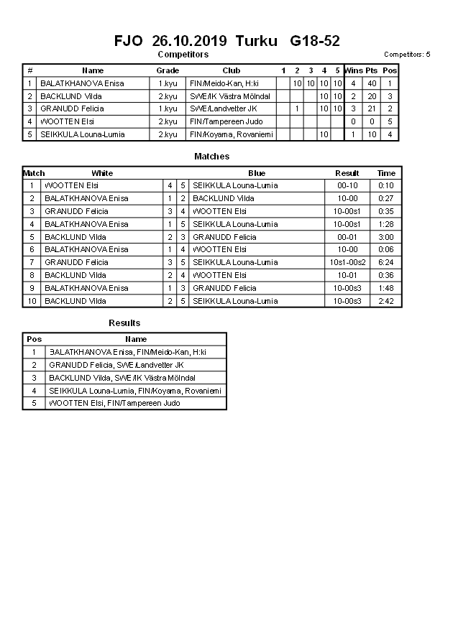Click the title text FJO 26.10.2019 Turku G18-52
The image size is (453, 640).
226,41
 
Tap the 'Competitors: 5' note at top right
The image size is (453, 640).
407,55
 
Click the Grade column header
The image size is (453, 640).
168,70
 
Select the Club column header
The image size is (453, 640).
231,70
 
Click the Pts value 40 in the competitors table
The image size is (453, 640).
372,83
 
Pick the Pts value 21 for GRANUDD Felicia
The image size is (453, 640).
372,108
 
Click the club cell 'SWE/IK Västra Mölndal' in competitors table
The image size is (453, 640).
230,96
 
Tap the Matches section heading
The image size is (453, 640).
212,157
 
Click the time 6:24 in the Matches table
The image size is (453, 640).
386,262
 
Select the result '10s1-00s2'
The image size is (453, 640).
347,262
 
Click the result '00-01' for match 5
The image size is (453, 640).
347,237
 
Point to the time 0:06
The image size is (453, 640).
386,249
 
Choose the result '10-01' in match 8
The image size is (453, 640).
347,275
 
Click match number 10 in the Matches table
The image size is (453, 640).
32,301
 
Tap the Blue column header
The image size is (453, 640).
257,173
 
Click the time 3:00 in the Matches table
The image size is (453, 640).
386,237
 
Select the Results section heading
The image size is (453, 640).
124,323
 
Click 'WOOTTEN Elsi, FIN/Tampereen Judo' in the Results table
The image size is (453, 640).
114,403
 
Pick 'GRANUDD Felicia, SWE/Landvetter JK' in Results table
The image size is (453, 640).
116,365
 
